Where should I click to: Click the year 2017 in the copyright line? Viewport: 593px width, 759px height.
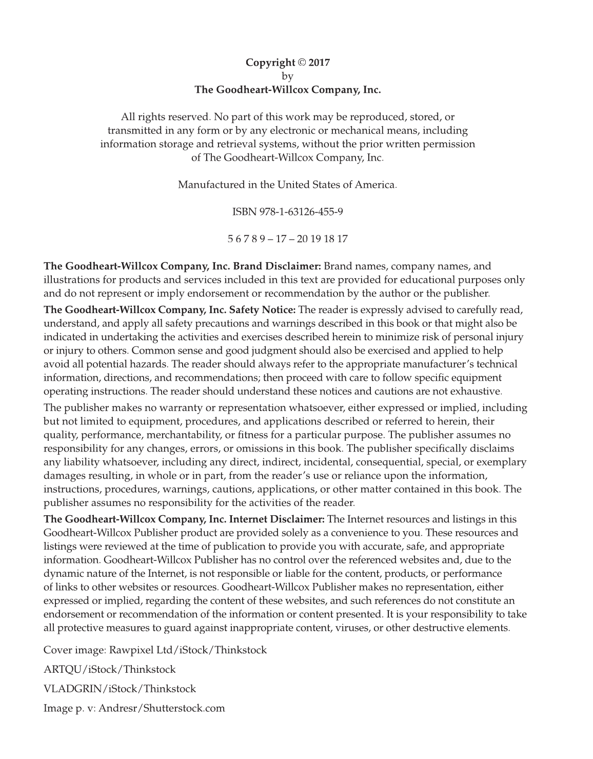[319, 63]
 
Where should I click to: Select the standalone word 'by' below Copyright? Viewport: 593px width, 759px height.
[288, 76]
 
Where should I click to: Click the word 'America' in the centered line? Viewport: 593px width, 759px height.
[375, 184]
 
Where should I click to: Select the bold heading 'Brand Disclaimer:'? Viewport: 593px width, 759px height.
[277, 266]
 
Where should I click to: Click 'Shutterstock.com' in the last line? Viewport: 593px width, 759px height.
[184, 709]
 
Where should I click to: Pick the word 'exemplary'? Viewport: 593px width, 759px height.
[501, 462]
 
